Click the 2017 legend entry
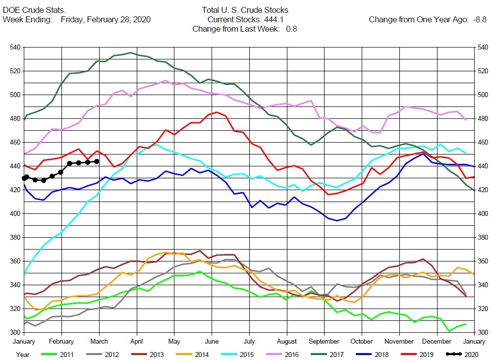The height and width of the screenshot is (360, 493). point(327,355)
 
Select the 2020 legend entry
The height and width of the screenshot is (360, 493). point(462,355)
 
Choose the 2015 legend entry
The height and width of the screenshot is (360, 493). point(237,355)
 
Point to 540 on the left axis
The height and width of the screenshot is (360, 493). point(15,48)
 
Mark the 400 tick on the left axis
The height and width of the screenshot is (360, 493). point(15,213)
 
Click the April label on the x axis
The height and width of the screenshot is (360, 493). point(136,342)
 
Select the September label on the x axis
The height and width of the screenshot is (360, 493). point(324,342)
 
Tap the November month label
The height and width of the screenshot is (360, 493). point(399,342)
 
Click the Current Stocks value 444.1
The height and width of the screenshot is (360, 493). point(274,19)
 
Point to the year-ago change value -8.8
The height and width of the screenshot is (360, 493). point(480,19)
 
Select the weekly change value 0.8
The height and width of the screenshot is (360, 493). point(291,29)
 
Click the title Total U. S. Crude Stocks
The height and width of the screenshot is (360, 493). point(245,10)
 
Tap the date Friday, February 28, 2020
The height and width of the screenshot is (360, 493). point(106,19)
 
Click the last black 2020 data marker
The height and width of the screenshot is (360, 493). point(97,161)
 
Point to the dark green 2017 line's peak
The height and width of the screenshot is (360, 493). point(131,53)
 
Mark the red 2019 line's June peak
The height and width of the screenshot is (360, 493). point(217,112)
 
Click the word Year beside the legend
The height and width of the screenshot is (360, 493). point(23,355)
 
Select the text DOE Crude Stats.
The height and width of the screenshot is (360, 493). point(34,10)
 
